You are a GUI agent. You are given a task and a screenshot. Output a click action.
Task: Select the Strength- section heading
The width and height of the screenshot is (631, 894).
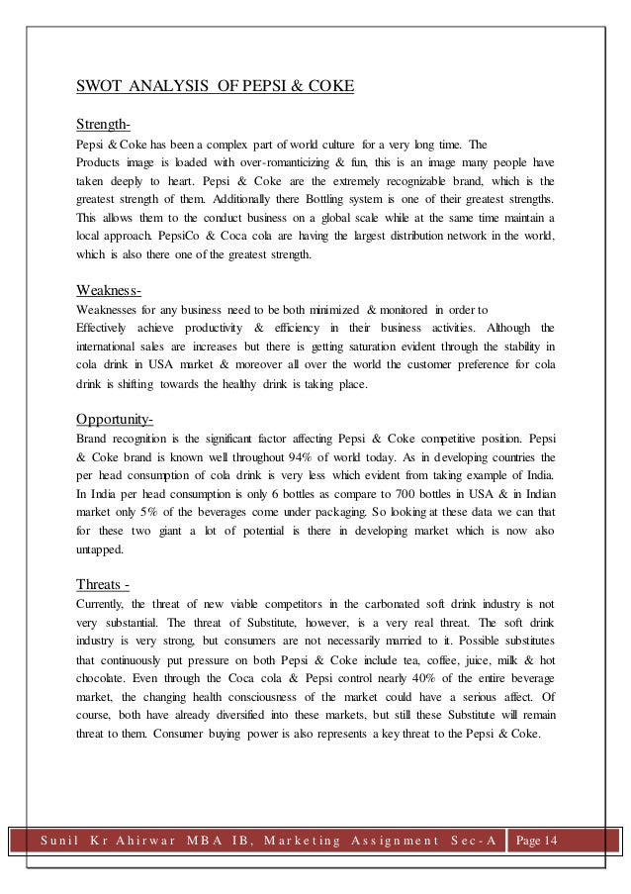point(104,125)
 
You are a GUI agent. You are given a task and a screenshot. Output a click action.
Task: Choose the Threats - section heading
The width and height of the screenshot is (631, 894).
point(106,581)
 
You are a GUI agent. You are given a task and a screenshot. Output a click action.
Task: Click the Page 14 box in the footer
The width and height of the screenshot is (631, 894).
point(536,841)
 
